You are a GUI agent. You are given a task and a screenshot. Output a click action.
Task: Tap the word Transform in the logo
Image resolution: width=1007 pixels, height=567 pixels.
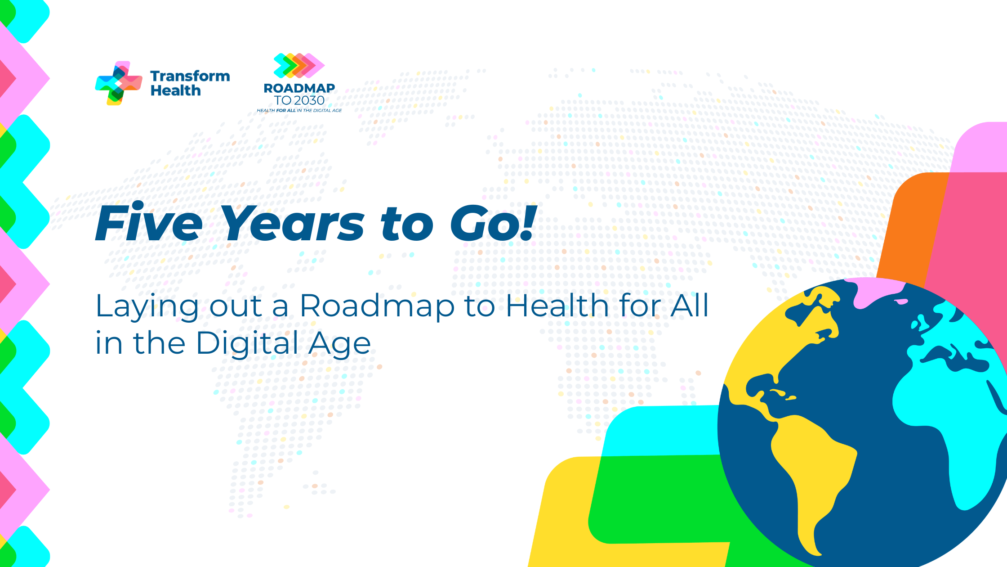[x=190, y=76]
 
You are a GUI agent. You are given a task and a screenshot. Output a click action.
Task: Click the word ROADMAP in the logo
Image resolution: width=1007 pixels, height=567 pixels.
[x=299, y=88]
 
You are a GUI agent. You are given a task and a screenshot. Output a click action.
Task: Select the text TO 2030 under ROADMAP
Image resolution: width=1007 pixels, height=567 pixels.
[x=299, y=100]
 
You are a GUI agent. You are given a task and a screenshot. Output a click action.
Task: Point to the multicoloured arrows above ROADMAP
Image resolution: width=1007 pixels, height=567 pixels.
[x=299, y=65]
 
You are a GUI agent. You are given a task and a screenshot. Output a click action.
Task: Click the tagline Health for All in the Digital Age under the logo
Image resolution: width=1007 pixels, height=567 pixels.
[x=299, y=111]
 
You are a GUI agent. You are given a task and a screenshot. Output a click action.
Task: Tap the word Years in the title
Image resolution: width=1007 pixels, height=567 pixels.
[x=293, y=224]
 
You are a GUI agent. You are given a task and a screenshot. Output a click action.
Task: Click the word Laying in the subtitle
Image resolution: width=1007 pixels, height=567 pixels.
[x=147, y=306]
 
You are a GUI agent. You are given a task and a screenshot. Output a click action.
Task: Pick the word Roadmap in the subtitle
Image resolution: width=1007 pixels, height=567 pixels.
[x=377, y=306]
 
